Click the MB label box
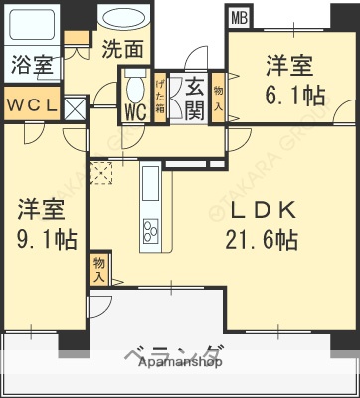click(239, 16)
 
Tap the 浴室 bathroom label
click(33, 67)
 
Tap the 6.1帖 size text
click(289, 95)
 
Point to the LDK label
click(259, 212)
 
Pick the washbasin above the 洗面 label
click(121, 19)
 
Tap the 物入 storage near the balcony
click(99, 267)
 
